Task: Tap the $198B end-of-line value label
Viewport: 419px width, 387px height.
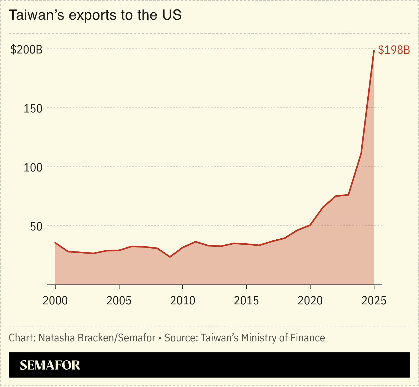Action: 394,50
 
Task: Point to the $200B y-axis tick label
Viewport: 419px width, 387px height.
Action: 26,50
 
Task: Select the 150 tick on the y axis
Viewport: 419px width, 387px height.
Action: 33,109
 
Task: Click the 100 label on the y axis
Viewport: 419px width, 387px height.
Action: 33,168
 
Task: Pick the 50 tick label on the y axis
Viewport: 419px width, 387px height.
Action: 36,227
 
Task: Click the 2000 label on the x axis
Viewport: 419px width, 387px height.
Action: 55,300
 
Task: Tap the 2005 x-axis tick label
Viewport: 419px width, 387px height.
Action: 119,300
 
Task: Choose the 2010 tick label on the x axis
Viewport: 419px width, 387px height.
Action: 183,300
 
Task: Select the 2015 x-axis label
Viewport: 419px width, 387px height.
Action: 246,300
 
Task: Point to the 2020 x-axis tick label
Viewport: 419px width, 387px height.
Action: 310,300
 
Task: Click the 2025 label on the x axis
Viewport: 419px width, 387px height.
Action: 374,300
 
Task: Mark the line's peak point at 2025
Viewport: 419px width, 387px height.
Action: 374,51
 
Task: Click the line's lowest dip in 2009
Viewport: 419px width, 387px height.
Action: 170,257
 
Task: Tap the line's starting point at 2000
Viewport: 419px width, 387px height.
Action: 55,243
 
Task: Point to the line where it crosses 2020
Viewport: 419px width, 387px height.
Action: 310,225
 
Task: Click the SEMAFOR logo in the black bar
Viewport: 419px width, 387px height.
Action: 50,365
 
